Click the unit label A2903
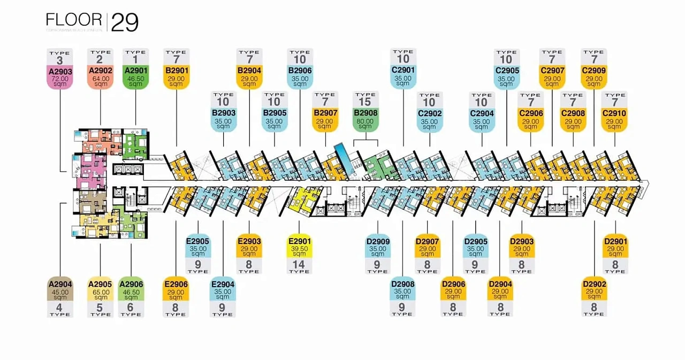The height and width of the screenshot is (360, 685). [60, 71]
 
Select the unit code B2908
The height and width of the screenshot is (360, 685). [366, 113]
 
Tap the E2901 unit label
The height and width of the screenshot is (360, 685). [299, 241]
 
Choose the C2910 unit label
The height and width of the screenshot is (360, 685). [614, 113]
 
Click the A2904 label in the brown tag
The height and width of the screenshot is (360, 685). [60, 284]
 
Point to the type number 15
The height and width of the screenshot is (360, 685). [366, 102]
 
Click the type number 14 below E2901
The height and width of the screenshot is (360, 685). [299, 264]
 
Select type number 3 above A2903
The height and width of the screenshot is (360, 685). [60, 60]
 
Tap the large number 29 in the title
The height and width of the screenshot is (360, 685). [125, 23]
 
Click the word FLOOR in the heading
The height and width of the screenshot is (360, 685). [74, 20]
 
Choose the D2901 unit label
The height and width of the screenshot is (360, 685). [615, 241]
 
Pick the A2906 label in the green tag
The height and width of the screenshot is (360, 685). [131, 284]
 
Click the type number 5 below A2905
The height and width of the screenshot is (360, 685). [101, 307]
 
